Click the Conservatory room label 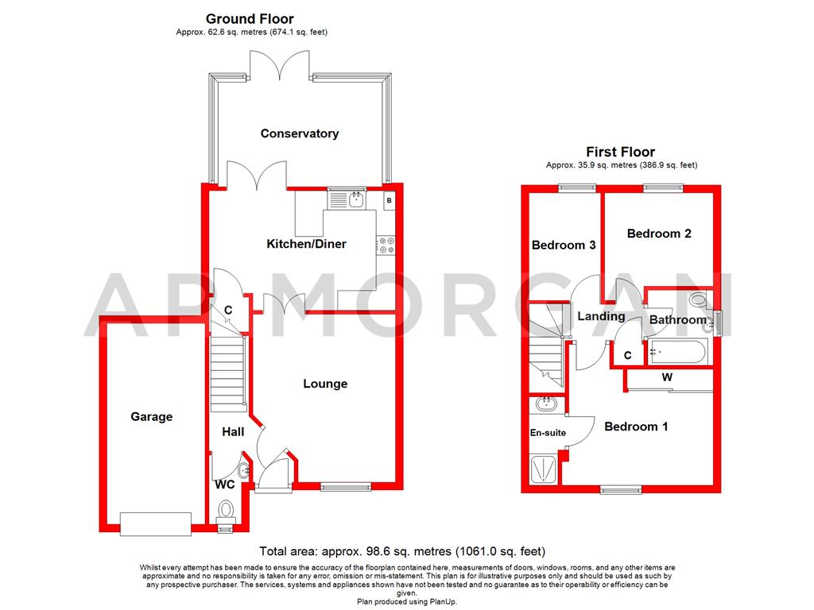(300, 133)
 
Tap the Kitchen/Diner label (306, 244)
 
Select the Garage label (152, 416)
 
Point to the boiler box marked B (389, 199)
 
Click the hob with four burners (387, 246)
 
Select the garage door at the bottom (155, 523)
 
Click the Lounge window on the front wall (345, 485)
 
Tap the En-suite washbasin (545, 405)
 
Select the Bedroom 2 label (659, 234)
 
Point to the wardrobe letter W (667, 378)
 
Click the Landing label (601, 316)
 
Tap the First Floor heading (621, 152)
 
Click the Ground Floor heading (250, 18)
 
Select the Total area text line (402, 551)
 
